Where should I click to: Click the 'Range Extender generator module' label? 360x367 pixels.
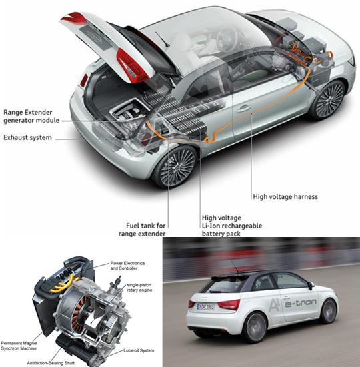31,116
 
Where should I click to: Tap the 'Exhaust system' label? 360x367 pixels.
27,137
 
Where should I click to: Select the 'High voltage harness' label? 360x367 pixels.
285,196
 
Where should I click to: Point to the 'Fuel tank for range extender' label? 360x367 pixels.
142,230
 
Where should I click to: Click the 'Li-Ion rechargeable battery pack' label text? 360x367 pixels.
232,230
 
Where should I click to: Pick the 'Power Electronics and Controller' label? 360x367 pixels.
127,266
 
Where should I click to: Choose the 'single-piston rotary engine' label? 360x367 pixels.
139,288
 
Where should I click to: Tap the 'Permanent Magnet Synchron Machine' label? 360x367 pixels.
19,346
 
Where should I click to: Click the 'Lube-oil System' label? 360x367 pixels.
139,350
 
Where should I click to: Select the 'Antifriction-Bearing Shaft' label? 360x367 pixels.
51,363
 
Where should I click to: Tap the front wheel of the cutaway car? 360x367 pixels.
329,100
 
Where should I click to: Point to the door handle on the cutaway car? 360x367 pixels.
243,108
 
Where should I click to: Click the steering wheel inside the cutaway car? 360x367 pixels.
226,39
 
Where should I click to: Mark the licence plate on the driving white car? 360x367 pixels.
205,306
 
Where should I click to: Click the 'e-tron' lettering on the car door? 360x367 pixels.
301,303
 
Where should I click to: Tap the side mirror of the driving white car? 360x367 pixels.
311,285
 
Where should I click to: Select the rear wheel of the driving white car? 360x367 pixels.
255,327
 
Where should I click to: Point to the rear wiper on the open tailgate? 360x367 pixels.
162,39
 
